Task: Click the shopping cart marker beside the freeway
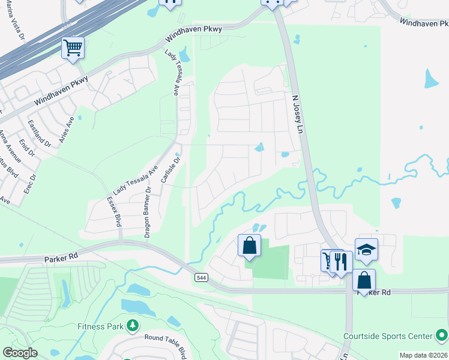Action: [73, 47]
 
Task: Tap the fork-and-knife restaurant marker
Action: [340, 261]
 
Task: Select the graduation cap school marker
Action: [366, 249]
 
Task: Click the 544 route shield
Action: [201, 277]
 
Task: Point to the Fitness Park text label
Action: [100, 326]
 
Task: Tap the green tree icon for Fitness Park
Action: [132, 326]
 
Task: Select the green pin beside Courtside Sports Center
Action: [442, 335]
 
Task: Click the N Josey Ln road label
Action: [295, 113]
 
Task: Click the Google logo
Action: [20, 353]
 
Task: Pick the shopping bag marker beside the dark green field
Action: [249, 246]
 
